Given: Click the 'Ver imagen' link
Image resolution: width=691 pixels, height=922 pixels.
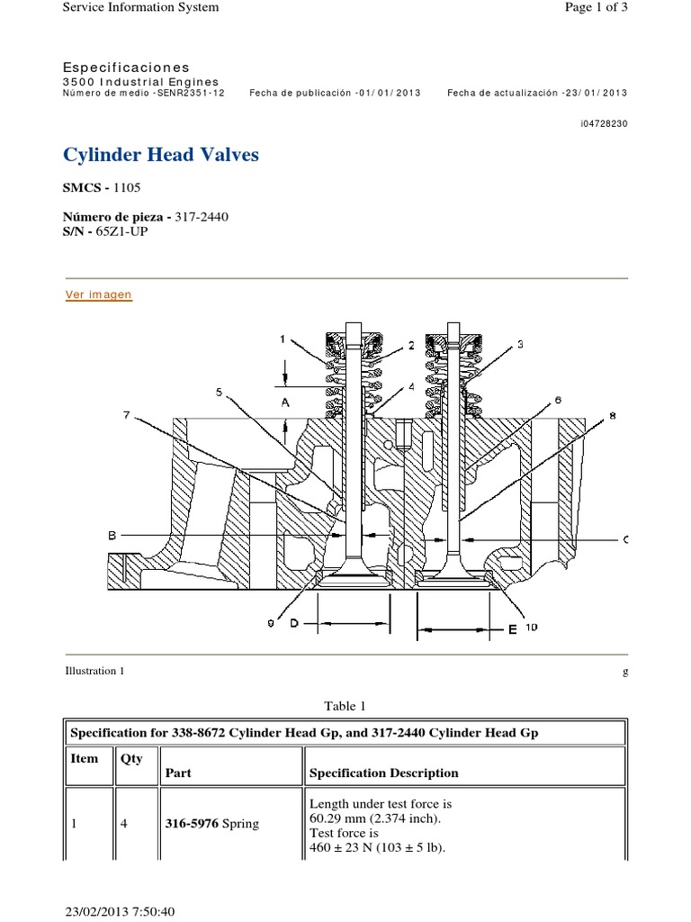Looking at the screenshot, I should [x=99, y=294].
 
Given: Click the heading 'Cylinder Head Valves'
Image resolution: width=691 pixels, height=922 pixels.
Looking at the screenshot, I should [x=161, y=155].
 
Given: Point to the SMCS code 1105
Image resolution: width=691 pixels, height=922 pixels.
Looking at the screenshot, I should [x=127, y=187].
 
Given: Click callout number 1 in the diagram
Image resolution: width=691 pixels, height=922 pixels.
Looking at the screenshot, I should [x=282, y=339].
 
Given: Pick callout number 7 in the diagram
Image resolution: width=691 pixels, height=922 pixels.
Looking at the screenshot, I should [x=127, y=415].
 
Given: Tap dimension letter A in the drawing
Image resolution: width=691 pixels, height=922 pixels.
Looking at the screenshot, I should [x=284, y=404].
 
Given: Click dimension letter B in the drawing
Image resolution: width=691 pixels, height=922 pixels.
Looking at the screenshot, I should [x=112, y=536].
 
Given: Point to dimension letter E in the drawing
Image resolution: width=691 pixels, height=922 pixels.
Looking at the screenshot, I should [x=512, y=629].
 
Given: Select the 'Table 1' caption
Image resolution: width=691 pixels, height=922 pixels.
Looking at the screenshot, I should [x=345, y=706].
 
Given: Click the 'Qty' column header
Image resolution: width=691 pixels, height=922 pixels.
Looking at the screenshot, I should [x=131, y=758].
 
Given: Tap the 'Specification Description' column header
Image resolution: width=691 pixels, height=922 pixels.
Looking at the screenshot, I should [x=383, y=773].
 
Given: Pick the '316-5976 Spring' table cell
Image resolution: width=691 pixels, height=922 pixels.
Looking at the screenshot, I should [x=211, y=824].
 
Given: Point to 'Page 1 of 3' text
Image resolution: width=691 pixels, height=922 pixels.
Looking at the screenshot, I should [x=595, y=7].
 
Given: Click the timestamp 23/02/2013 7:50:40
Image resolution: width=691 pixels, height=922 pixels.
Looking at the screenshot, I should [x=120, y=911].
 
